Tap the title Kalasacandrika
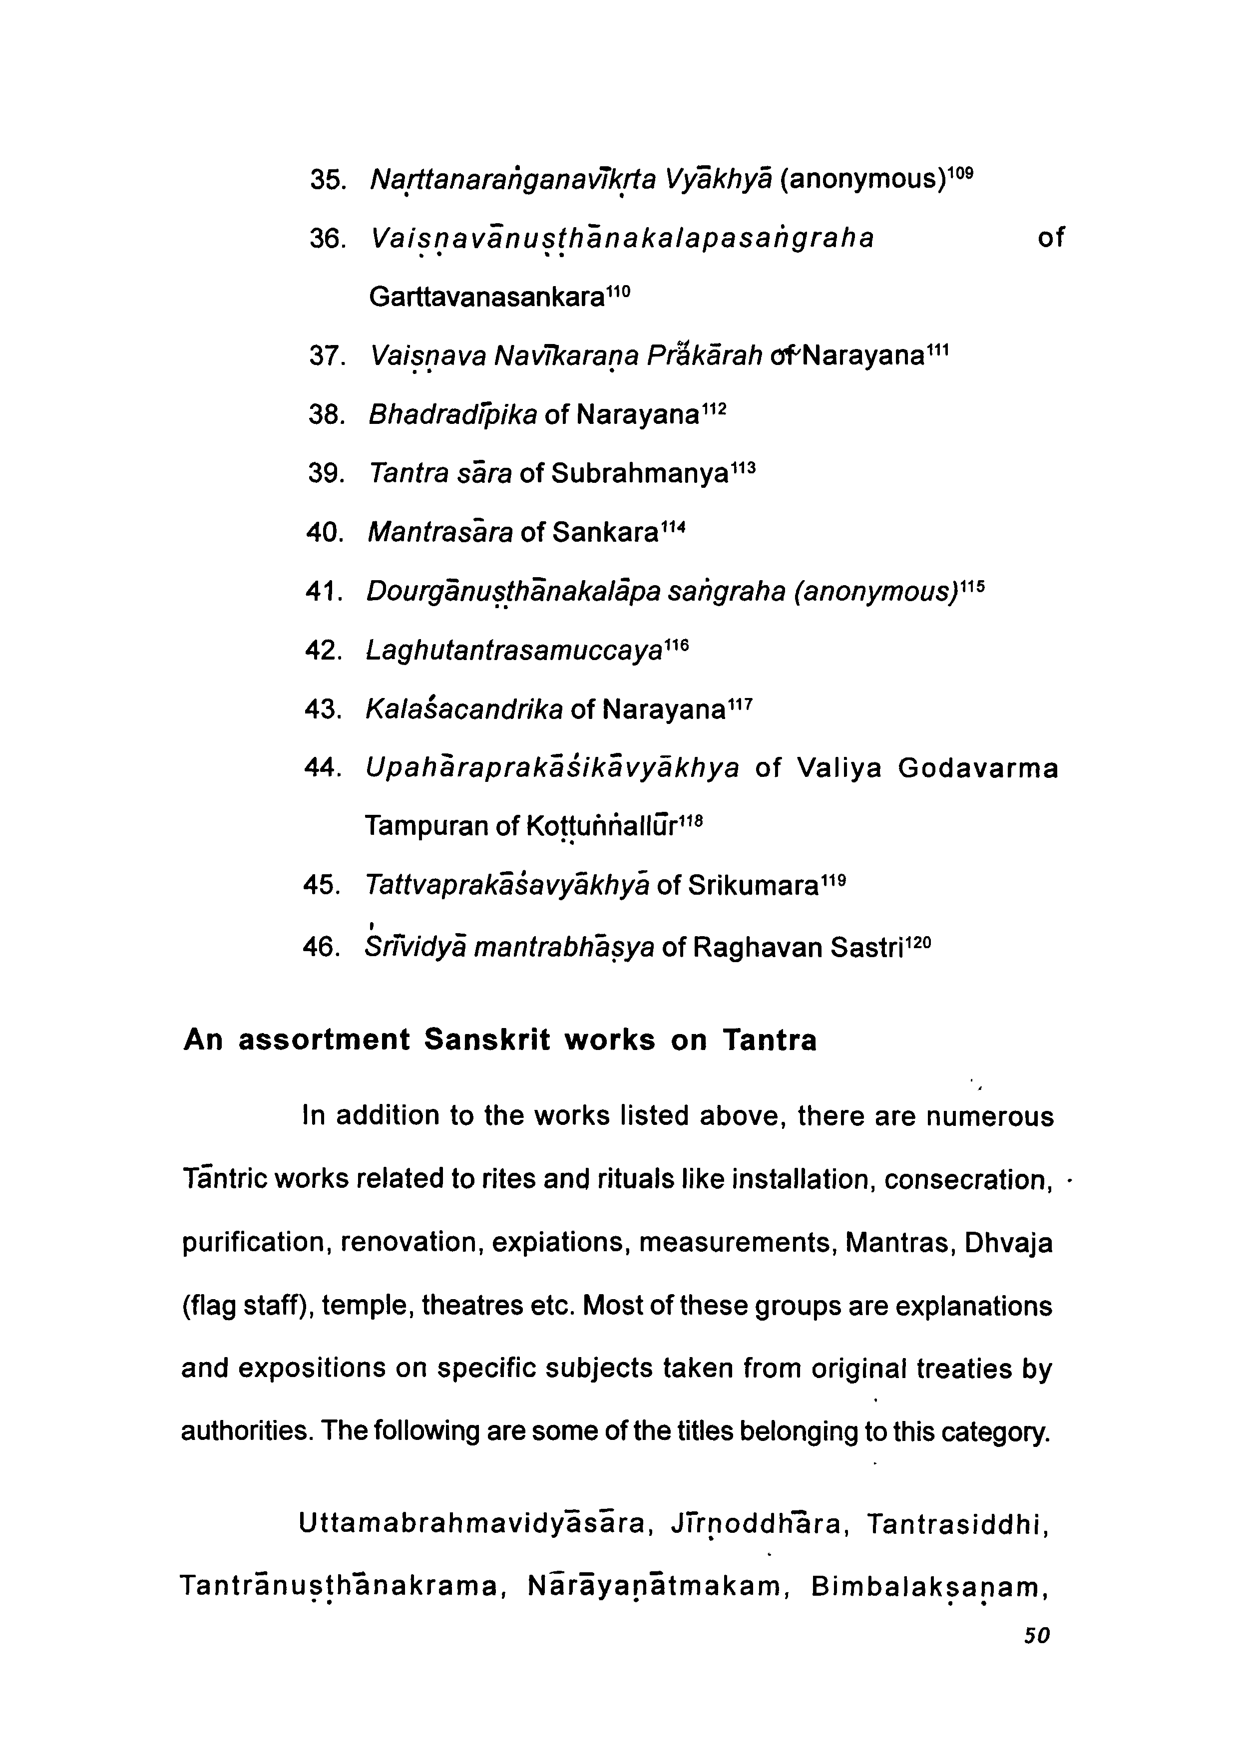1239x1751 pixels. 464,710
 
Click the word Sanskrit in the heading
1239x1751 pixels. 487,1040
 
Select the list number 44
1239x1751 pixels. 321,769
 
